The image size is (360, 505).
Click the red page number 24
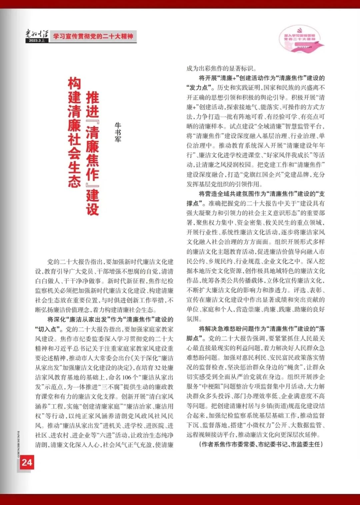[x=27, y=462]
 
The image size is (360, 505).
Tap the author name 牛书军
[x=118, y=132]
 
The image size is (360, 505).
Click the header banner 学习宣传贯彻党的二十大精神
[x=93, y=36]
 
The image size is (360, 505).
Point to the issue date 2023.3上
[x=37, y=40]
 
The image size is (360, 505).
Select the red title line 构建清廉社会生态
[x=74, y=132]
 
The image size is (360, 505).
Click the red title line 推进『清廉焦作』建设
[x=93, y=153]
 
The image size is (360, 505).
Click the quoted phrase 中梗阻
[x=212, y=387]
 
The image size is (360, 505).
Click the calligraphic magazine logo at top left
[x=37, y=34]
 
